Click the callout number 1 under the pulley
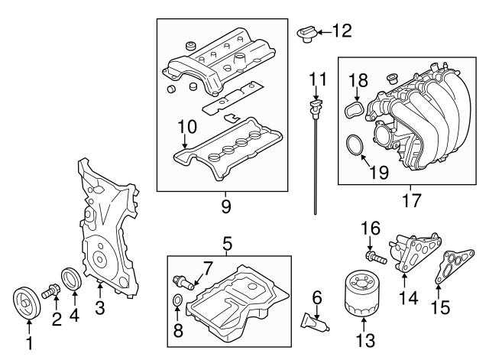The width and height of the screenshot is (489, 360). pos(29,345)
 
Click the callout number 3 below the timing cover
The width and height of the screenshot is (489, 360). pos(100,308)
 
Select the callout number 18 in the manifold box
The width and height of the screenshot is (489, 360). pos(358,79)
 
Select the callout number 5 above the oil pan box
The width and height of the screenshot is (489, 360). pos(227,245)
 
